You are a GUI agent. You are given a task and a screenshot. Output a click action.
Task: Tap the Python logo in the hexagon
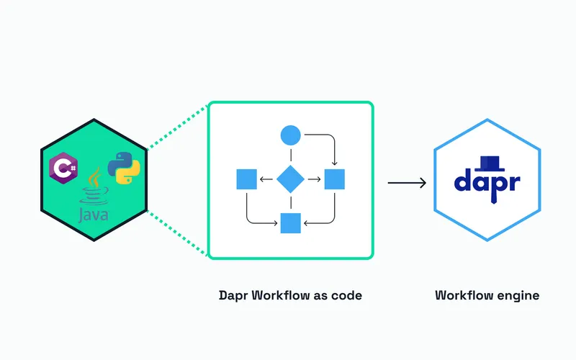pos(123,168)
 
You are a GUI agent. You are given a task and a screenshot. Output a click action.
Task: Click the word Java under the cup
pos(95,215)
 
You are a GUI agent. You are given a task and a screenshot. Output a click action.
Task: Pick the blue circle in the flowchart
pos(290,135)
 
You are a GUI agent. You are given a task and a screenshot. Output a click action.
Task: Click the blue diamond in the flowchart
pos(290,179)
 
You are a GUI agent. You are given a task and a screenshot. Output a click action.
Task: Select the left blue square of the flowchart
pos(247,179)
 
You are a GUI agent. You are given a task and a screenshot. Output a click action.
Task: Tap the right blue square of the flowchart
pos(335,179)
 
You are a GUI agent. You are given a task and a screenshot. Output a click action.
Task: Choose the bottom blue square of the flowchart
pos(290,223)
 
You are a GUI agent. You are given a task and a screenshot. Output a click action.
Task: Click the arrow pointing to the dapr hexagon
pos(406,183)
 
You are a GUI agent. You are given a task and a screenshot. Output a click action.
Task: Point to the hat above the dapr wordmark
pos(487,161)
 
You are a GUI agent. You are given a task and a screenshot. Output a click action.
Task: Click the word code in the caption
pos(346,296)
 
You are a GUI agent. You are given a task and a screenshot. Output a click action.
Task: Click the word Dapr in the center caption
pos(233,296)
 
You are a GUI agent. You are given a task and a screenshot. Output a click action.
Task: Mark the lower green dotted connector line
pos(177,232)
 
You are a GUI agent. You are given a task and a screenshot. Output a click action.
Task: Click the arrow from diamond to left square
pos(266,179)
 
